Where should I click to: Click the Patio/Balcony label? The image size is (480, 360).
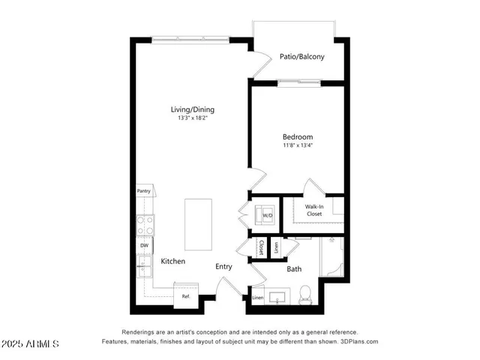click(301, 56)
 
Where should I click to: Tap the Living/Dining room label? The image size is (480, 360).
click(191, 109)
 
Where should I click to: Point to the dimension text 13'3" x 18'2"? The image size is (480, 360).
click(191, 118)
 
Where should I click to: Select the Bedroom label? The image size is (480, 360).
click(298, 137)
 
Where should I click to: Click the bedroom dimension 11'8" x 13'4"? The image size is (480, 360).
click(298, 146)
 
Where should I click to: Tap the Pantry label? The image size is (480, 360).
click(143, 191)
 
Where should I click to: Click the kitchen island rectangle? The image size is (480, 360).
click(198, 224)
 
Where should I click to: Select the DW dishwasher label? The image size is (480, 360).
click(143, 245)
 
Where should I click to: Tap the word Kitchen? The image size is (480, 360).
click(173, 261)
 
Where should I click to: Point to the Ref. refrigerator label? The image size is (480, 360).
click(185, 296)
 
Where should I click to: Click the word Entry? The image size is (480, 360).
click(223, 266)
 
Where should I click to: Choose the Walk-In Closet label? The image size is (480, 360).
click(313, 210)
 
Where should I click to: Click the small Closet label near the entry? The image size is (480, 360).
click(261, 246)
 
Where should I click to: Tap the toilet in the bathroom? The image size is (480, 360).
click(305, 295)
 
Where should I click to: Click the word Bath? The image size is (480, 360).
click(294, 268)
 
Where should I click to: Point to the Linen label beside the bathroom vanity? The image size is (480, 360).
click(258, 298)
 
